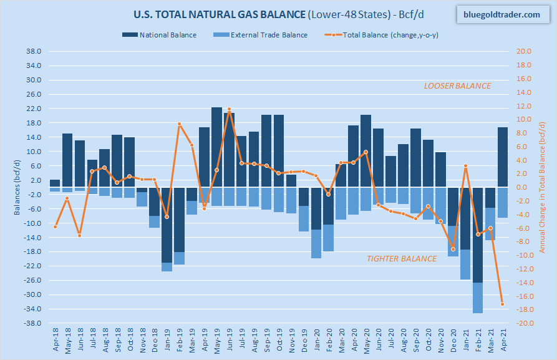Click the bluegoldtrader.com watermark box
point(502,14)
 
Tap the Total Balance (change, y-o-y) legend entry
point(386,35)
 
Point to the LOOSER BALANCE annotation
point(457,85)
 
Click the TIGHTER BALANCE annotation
point(401,258)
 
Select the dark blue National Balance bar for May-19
point(216,147)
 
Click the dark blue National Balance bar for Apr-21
point(503,157)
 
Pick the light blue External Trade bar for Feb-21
point(478,298)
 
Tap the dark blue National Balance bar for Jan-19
point(167,225)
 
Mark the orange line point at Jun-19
point(229,109)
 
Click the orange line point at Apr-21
point(503,304)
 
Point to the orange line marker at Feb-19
point(179,124)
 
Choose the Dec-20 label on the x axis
point(453,341)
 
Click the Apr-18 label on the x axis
point(55,341)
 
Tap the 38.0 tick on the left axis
point(34,52)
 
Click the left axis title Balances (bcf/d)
point(16,187)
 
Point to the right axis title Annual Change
point(543,187)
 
